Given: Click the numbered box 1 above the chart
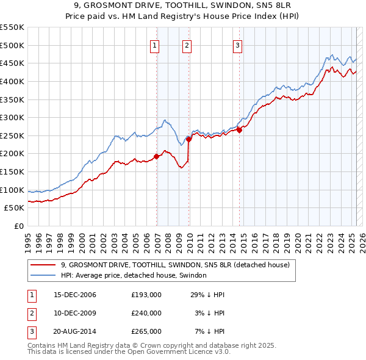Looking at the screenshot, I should point(155,45).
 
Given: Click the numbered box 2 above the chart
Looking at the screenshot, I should point(187,45).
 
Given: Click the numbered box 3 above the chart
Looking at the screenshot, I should point(237,45).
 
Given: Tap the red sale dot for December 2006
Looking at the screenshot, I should point(157,156).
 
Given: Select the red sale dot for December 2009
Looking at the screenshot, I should point(189,139).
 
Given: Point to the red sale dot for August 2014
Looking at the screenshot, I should point(240,130).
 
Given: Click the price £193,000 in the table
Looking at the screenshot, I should point(146,295).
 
